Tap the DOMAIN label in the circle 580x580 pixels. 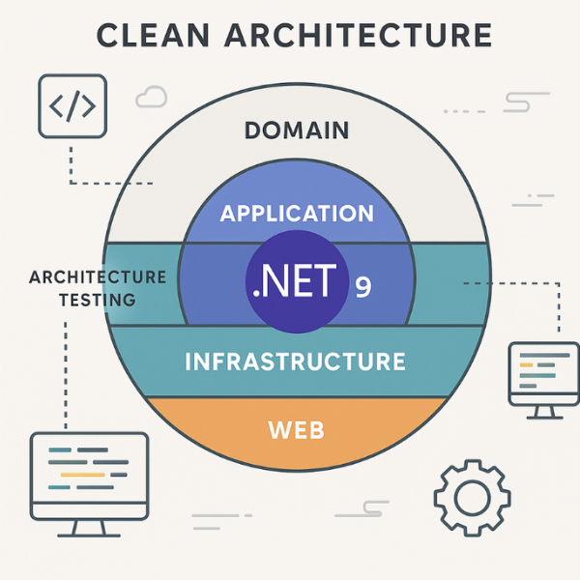click(297, 130)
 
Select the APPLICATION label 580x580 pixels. click(297, 213)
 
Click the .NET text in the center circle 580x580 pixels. click(294, 281)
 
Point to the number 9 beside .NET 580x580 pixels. click(362, 287)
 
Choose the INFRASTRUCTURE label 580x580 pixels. click(295, 362)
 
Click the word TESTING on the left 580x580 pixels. click(97, 300)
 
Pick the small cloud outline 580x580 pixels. click(152, 96)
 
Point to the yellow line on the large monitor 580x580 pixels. click(83, 475)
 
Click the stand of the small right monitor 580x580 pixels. click(543, 410)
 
